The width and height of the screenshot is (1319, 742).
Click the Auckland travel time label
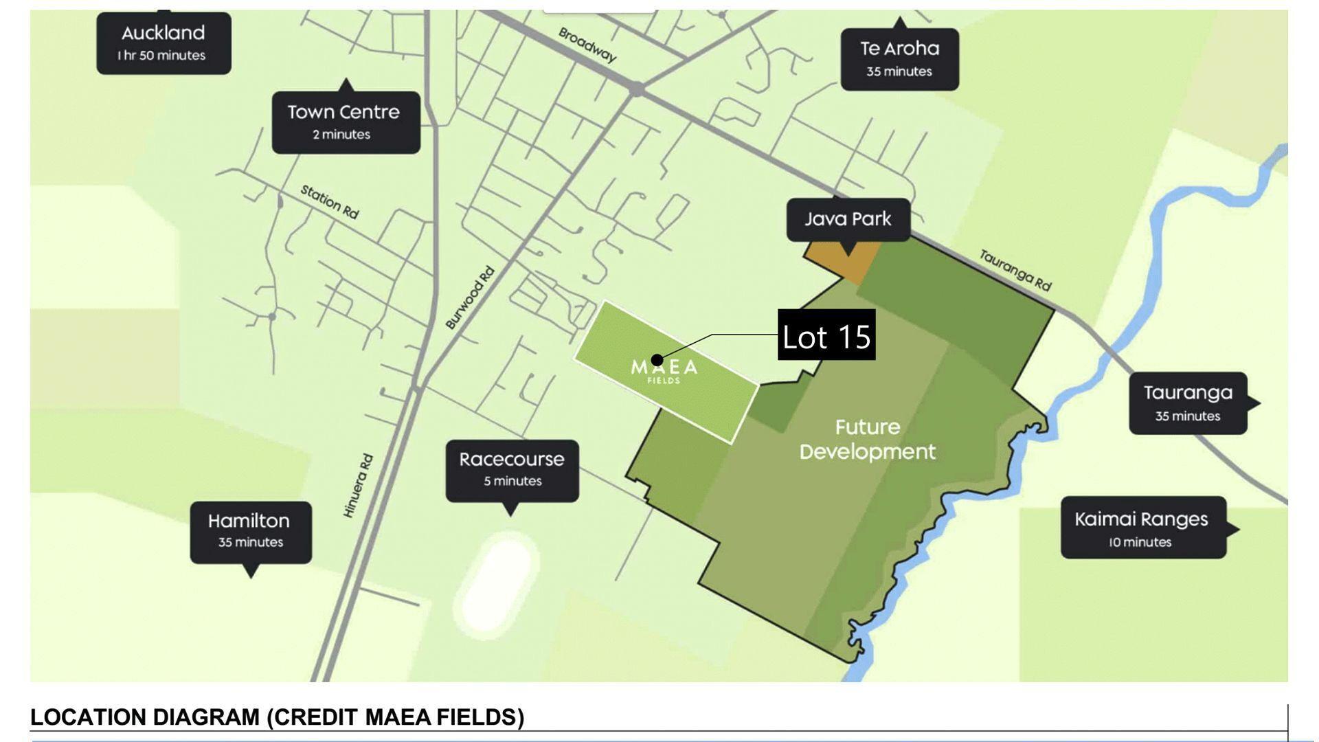[164, 43]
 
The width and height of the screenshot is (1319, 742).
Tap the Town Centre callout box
[346, 122]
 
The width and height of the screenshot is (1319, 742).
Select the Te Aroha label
[899, 58]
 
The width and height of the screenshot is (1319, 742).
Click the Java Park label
[848, 219]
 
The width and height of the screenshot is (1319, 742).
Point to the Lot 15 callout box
[826, 335]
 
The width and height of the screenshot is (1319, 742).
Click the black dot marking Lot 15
[657, 359]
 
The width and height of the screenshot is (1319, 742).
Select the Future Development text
[867, 440]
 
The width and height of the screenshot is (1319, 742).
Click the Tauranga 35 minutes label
[1188, 403]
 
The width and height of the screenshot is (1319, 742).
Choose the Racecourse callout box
[512, 469]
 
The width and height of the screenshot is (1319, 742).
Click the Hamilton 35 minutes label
[250, 531]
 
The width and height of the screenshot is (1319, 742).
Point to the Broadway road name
[587, 45]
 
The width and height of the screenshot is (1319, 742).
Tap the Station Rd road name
[330, 202]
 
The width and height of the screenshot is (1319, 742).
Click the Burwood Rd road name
[470, 297]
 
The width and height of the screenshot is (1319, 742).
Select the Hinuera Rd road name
[358, 486]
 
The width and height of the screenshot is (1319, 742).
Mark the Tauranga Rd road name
[1015, 270]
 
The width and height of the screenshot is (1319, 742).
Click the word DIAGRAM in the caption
[207, 717]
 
